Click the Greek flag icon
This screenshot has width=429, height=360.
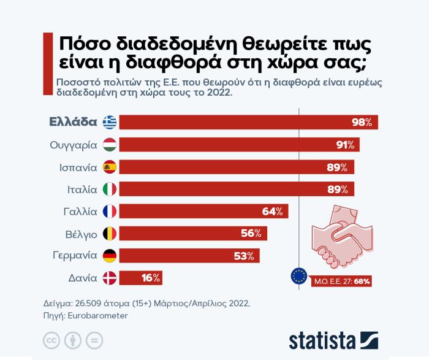click(x=110, y=122)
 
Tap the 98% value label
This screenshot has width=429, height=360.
click(x=362, y=123)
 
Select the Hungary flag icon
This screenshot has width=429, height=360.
click(x=110, y=145)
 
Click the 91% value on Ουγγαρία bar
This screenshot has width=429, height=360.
click(x=345, y=145)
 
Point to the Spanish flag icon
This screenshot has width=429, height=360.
click(x=110, y=167)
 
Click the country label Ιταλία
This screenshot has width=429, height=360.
click(x=82, y=190)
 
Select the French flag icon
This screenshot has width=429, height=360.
click(x=110, y=212)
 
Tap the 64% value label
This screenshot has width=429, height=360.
click(x=273, y=212)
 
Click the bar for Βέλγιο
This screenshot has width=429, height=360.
click(x=193, y=234)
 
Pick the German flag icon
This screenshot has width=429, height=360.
click(x=110, y=256)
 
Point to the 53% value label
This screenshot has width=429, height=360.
click(x=244, y=256)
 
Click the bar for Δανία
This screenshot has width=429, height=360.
click(x=140, y=278)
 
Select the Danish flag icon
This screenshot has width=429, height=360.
click(x=110, y=278)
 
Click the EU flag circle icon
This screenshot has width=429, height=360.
click(x=299, y=276)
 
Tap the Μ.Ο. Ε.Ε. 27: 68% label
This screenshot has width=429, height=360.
click(x=342, y=281)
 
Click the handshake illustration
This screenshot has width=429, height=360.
click(x=342, y=236)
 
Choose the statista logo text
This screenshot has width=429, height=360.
click(x=322, y=340)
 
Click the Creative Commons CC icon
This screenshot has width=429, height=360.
click(x=51, y=340)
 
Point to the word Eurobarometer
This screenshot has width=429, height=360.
click(x=97, y=316)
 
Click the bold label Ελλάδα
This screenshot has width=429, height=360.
click(x=73, y=122)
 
